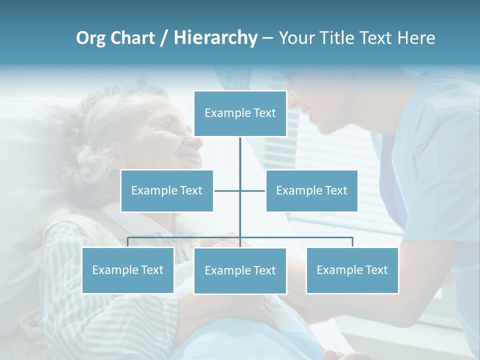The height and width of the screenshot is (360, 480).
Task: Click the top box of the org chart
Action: click(240, 113)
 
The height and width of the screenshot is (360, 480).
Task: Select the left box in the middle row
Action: click(167, 190)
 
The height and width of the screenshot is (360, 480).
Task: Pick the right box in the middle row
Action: click(311, 190)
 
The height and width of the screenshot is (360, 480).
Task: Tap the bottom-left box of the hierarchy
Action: click(127, 270)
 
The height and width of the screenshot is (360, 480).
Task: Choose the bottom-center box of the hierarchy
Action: click(240, 270)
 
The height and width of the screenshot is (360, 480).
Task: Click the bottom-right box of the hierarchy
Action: click(352, 270)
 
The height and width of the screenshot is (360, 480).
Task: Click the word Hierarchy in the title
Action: click(215, 37)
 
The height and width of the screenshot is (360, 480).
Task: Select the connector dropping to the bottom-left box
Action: click(127, 242)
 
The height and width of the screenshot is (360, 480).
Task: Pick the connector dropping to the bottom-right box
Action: click(352, 242)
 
